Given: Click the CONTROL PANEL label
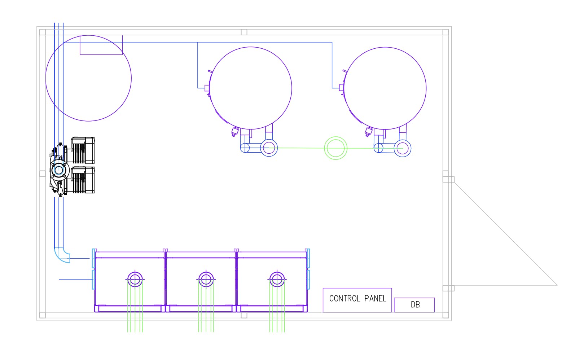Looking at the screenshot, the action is (x=357, y=298).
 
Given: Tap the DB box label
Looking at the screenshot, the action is (x=415, y=304).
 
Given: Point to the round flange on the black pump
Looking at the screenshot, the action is (x=59, y=170).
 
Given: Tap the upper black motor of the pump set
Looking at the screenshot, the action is (x=83, y=150).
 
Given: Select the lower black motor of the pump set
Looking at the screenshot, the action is (x=83, y=180).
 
